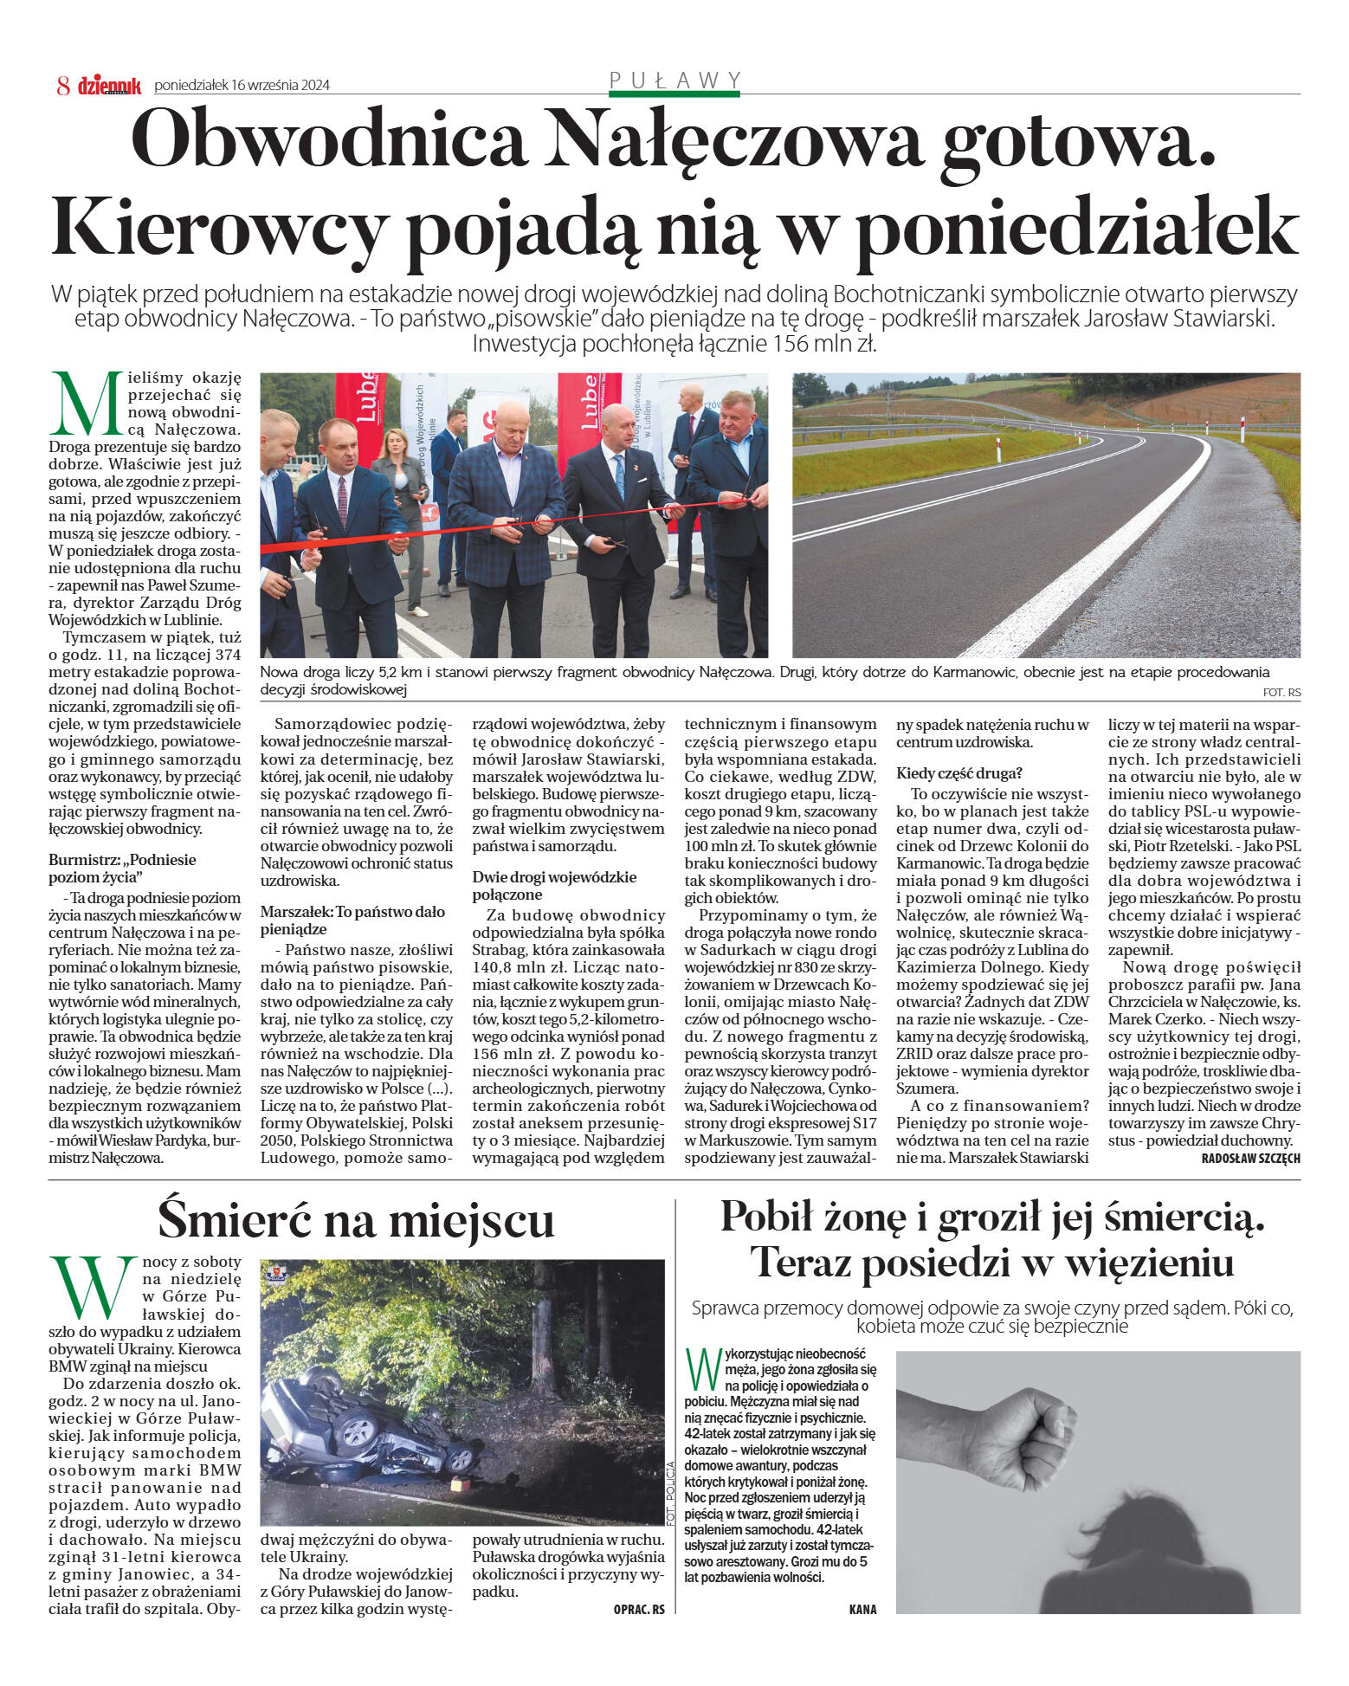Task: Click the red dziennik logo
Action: point(109,85)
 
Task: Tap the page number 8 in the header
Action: point(62,85)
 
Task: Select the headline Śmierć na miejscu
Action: point(356,1219)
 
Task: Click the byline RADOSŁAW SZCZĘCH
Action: point(1250,1159)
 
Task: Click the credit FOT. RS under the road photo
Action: point(1281,693)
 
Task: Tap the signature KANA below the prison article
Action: point(862,1609)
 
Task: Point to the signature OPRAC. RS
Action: point(639,1609)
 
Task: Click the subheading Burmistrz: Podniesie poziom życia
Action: point(123,868)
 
